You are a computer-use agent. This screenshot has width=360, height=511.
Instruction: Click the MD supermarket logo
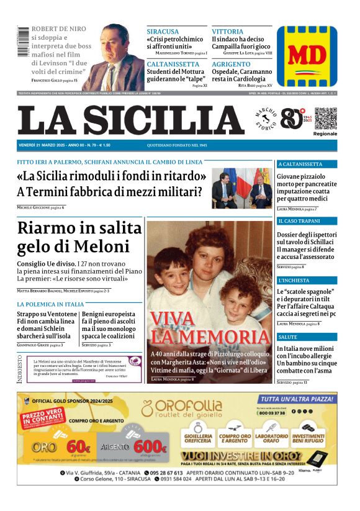pos(307,55)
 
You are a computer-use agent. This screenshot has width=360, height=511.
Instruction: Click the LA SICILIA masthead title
pos(130,120)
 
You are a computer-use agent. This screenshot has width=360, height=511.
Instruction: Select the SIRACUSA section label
pos(163,31)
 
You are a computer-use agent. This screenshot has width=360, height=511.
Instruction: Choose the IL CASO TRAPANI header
pos(299,221)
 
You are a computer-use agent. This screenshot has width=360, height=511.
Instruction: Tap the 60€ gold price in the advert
pos(78,445)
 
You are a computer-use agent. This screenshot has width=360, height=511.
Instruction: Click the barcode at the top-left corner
pos(23,43)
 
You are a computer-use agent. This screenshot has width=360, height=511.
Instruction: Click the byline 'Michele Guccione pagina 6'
pos(41,207)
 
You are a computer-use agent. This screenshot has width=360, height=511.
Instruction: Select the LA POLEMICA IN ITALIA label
pos(50,305)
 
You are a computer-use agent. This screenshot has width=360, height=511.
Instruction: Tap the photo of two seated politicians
pos(241,188)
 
